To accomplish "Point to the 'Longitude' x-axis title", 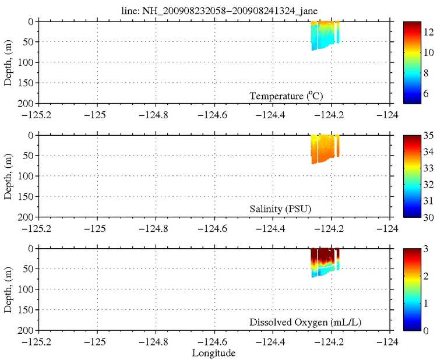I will [215, 353].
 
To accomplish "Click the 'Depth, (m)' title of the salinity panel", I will [9, 176].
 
